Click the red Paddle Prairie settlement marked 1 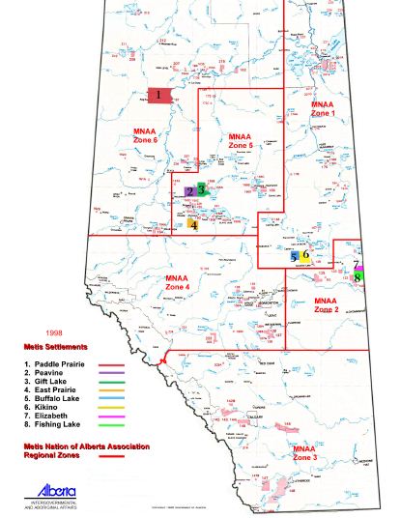point(159,96)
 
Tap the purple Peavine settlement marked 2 point(191,191)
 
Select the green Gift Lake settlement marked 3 point(203,189)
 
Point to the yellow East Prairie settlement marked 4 point(194,224)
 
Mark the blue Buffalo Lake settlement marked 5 point(295,257)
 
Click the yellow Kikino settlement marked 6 point(305,255)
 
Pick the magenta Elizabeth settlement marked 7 point(357,265)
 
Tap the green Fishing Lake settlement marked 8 point(357,277)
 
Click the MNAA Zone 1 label point(322,108)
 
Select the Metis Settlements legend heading point(57,346)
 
